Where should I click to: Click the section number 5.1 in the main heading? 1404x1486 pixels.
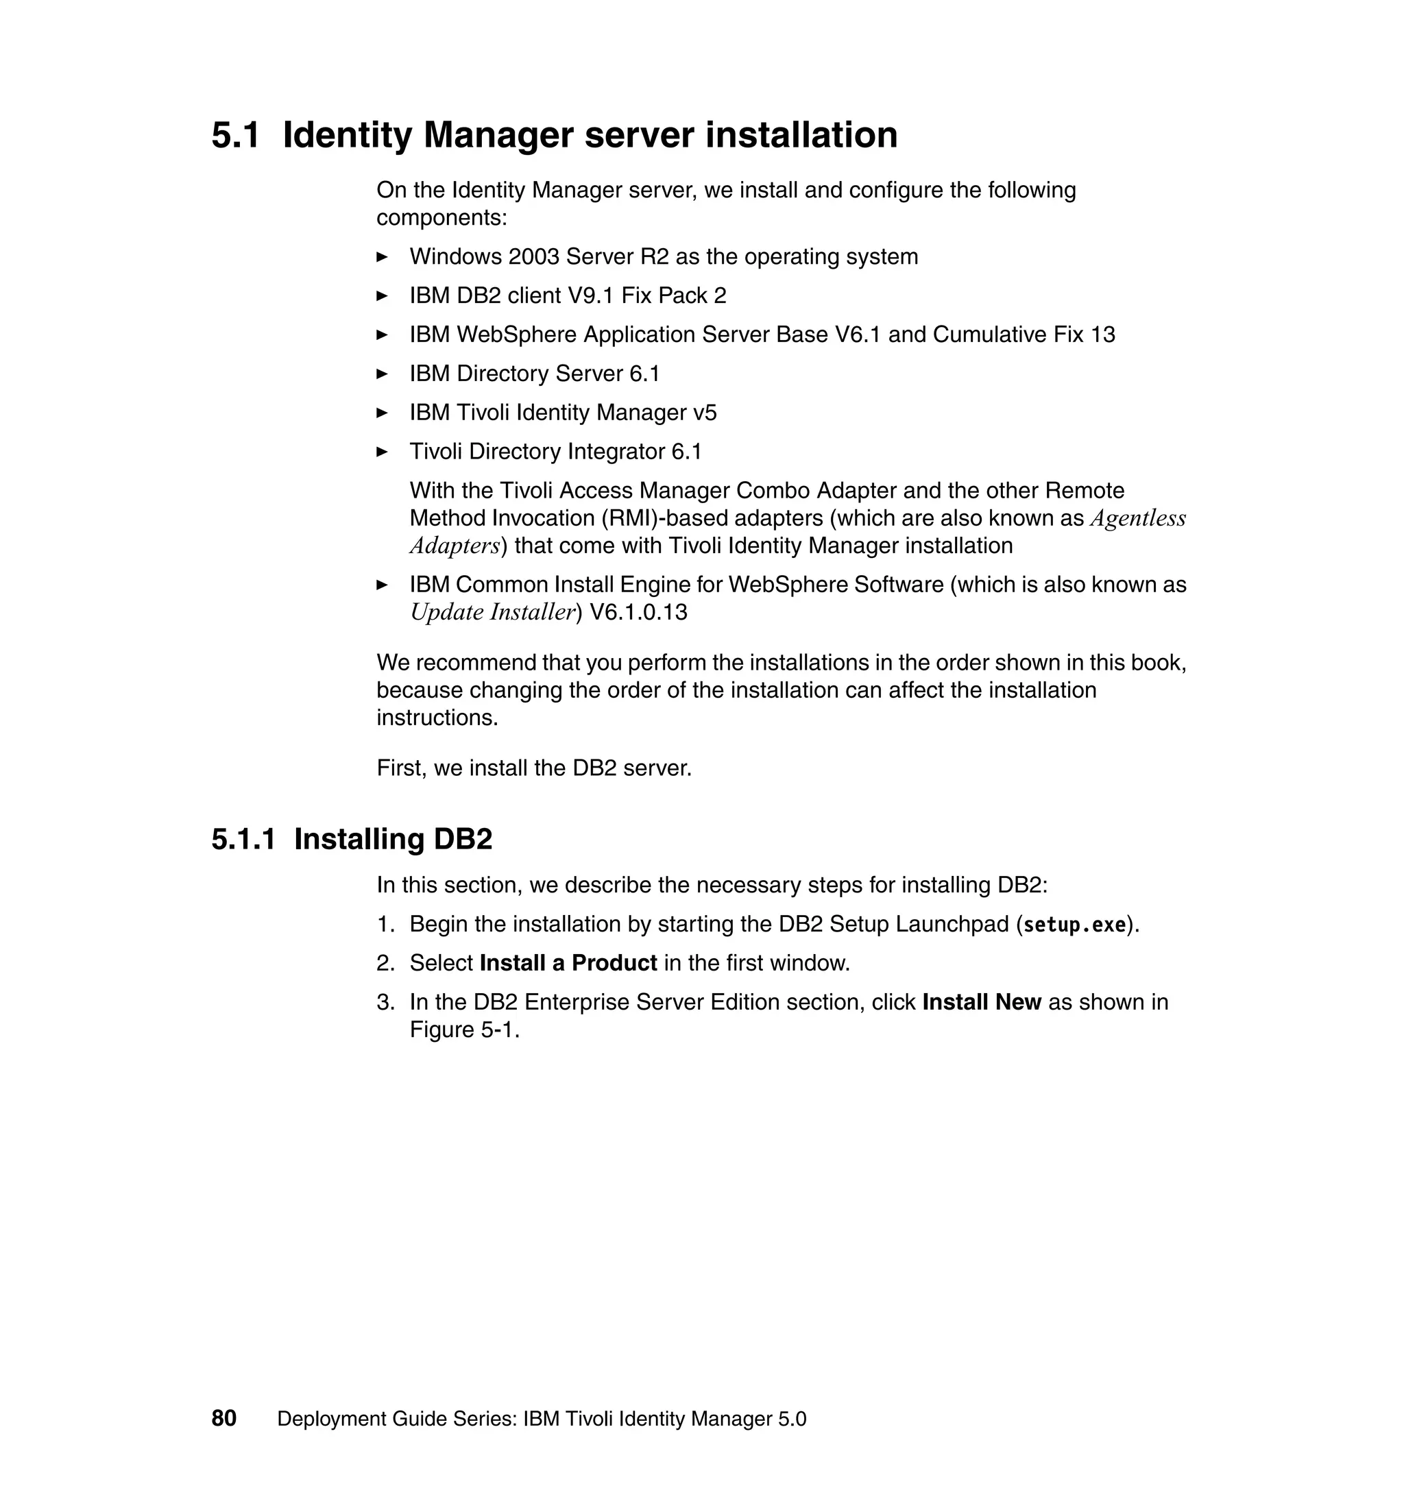[235, 136]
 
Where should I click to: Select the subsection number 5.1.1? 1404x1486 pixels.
[243, 840]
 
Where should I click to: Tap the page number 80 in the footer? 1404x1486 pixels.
[223, 1419]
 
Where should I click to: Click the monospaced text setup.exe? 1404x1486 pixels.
[1074, 925]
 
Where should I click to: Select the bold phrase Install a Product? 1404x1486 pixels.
[568, 963]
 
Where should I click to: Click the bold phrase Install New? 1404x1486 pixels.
[981, 1002]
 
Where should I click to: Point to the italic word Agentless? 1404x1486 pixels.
[1137, 519]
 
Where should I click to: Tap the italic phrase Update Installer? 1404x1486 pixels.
[492, 612]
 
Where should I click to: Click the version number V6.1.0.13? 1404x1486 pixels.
[638, 612]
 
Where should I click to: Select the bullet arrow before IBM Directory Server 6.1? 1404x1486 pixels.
[382, 374]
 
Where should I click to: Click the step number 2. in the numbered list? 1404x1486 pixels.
[385, 963]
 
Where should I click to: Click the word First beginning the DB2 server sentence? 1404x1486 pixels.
[400, 768]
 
